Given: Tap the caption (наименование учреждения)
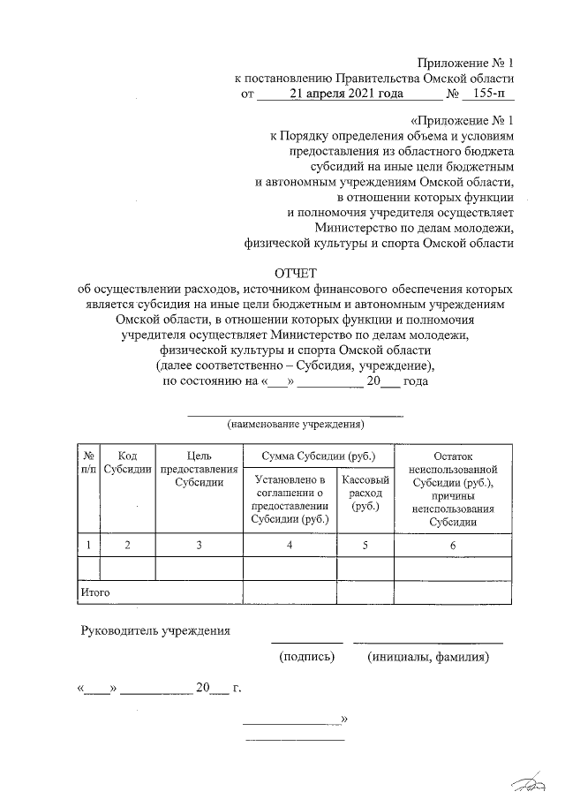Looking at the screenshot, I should click(296, 425).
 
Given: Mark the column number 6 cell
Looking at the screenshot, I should click(452, 546).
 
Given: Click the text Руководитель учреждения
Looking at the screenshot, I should click(155, 631).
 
